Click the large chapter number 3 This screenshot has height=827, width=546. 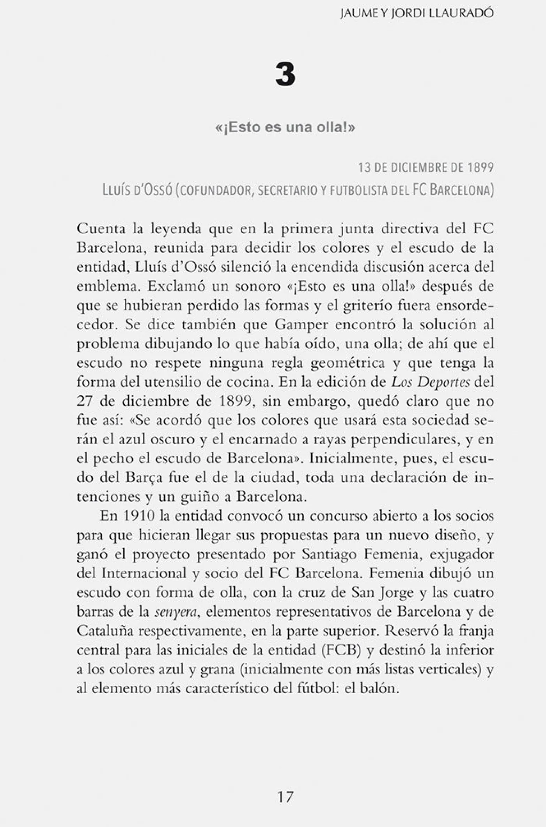pyautogui.click(x=285, y=75)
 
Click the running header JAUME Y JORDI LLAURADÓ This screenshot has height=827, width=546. pyautogui.click(x=417, y=13)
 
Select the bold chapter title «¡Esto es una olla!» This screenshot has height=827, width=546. pyautogui.click(x=285, y=128)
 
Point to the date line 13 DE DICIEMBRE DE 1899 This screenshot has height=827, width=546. pyautogui.click(x=425, y=168)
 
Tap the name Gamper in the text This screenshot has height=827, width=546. pyautogui.click(x=301, y=325)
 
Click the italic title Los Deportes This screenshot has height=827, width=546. pyautogui.click(x=431, y=382)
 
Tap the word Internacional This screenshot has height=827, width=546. pyautogui.click(x=144, y=573)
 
